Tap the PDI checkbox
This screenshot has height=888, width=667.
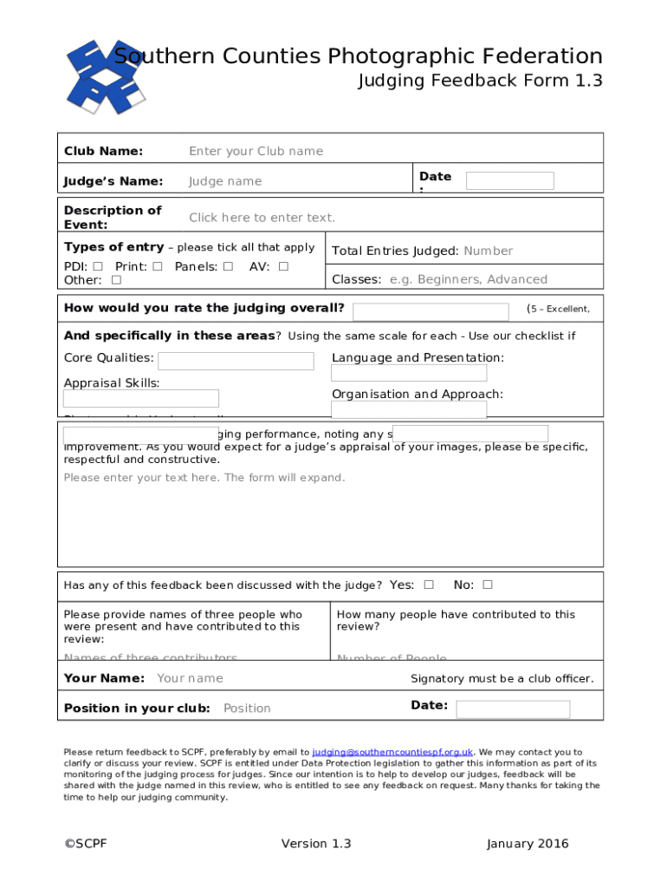pos(98,266)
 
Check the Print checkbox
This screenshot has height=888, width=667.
pos(157,266)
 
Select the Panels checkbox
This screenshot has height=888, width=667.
pos(228,266)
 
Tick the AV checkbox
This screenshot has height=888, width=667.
pos(283,266)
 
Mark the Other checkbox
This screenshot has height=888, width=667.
pos(116,280)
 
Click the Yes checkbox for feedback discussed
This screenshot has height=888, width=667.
pos(429,584)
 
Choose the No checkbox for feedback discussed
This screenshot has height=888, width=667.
pos(488,584)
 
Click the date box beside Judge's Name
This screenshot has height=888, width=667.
pos(509,180)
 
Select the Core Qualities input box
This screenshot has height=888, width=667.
pos(236,361)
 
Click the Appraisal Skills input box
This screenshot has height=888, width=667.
pos(141,398)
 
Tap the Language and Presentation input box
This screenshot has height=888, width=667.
pos(409,373)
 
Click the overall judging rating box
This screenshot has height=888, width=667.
pos(431,312)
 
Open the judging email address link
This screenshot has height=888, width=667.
pos(392,752)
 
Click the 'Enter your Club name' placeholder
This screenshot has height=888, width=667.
pos(256,151)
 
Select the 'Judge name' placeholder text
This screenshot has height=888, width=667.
pos(225,181)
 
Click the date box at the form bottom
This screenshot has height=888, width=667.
pos(513,709)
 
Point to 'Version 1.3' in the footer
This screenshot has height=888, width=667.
pos(316,844)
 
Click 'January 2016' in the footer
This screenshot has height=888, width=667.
pos(528,844)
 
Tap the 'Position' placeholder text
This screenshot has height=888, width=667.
pos(247,708)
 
